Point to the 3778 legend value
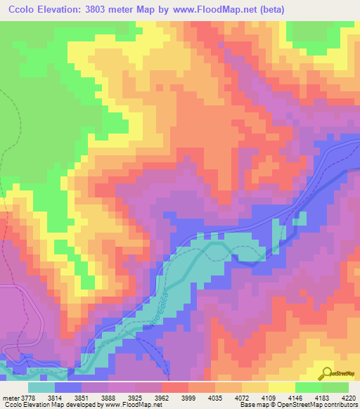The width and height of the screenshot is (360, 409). click(x=27, y=397)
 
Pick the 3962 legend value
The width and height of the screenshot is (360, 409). click(x=168, y=397)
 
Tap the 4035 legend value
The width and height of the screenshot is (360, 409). click(x=220, y=397)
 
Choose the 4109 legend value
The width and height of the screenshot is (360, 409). click(x=272, y=397)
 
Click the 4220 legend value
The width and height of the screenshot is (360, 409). click(x=349, y=397)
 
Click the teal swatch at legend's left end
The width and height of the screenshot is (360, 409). click(x=41, y=387)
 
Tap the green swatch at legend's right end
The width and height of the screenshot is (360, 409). click(x=335, y=387)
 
